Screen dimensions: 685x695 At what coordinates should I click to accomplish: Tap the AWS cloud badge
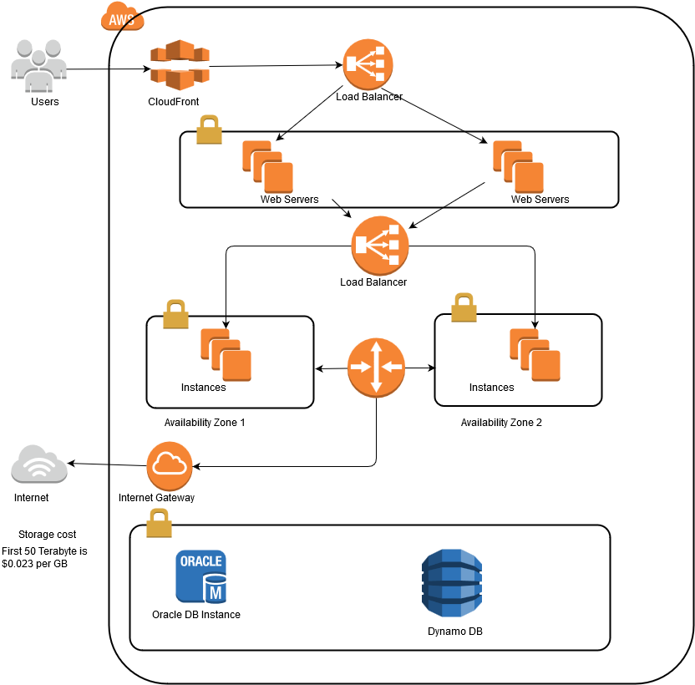122,16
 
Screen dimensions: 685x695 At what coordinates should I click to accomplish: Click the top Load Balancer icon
368,63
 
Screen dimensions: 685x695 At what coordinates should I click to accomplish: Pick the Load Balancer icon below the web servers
380,246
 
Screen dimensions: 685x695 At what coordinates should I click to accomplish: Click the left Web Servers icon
267,166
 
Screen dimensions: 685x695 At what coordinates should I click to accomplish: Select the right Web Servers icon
518,166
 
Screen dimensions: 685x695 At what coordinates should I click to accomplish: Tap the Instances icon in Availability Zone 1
226,355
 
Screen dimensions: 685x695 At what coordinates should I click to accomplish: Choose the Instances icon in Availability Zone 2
535,355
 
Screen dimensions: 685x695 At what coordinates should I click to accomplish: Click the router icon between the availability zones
376,367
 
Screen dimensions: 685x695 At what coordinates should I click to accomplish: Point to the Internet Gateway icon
170,466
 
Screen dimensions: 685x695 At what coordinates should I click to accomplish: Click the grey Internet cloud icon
38,464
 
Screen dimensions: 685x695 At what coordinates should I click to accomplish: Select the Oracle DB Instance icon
200,576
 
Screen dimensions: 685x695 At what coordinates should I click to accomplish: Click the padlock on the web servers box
208,130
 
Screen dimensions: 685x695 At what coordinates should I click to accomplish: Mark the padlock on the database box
159,523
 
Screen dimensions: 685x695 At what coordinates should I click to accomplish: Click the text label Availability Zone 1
205,423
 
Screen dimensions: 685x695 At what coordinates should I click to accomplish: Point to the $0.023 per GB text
34,565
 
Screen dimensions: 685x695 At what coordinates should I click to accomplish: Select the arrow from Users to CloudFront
109,69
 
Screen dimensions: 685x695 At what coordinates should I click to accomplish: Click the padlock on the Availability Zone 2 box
464,307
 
